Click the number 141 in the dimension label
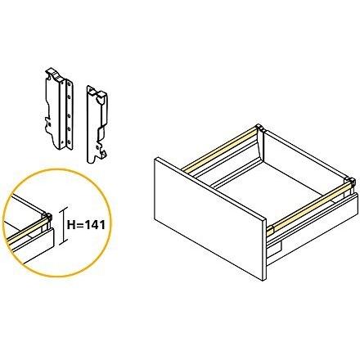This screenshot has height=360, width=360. [x=95, y=225]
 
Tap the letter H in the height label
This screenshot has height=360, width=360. [x=71, y=225]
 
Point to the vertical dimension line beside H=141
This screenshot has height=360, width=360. [x=64, y=225]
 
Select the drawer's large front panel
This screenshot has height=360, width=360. [x=209, y=218]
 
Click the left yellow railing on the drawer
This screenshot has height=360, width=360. [x=219, y=148]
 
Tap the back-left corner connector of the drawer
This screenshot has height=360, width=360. [x=259, y=128]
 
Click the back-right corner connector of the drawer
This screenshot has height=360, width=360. [x=351, y=182]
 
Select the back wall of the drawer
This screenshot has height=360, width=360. [x=304, y=157]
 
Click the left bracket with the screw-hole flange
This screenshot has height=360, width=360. [x=59, y=109]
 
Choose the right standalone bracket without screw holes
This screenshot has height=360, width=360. [x=97, y=124]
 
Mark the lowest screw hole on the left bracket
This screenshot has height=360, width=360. [x=69, y=142]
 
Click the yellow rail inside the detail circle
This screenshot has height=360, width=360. [x=26, y=229]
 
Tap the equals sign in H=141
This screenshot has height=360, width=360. [x=79, y=226]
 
